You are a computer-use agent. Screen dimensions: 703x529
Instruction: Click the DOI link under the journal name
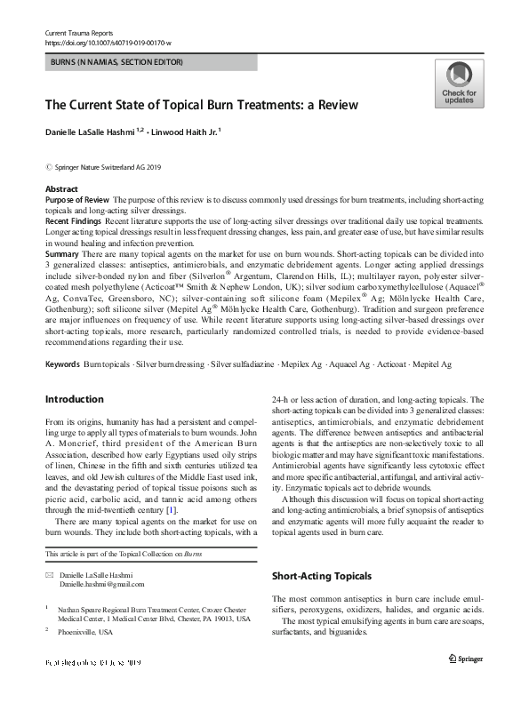pos(108,42)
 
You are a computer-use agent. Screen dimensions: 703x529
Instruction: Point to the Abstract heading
pos(61,189)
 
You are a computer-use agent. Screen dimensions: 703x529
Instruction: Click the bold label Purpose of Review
pos(77,200)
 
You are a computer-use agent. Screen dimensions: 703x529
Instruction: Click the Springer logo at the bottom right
pos(466,659)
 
